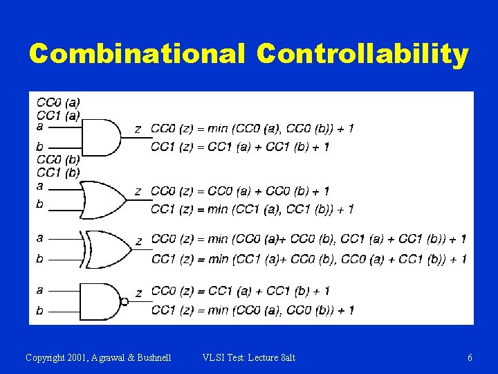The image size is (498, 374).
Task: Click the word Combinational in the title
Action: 137,54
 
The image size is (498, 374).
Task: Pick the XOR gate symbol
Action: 108,249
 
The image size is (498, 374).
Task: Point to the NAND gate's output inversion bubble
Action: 124,301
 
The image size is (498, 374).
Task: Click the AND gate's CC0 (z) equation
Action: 252,128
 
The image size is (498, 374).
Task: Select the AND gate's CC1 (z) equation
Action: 240,146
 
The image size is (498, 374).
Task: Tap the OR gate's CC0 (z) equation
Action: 240,190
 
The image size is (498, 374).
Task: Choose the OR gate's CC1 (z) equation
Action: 252,208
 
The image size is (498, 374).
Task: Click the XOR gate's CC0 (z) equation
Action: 308,239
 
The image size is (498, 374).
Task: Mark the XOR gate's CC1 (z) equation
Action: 308,259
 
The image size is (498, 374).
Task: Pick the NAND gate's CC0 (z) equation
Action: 240,291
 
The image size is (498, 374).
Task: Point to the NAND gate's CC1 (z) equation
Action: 252,310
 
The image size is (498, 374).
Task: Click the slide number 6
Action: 470,358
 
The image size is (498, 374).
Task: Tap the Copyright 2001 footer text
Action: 98,358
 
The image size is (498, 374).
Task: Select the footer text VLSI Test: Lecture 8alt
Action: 249,358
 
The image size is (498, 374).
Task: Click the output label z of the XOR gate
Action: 139,241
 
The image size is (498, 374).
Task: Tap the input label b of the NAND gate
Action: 39,310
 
